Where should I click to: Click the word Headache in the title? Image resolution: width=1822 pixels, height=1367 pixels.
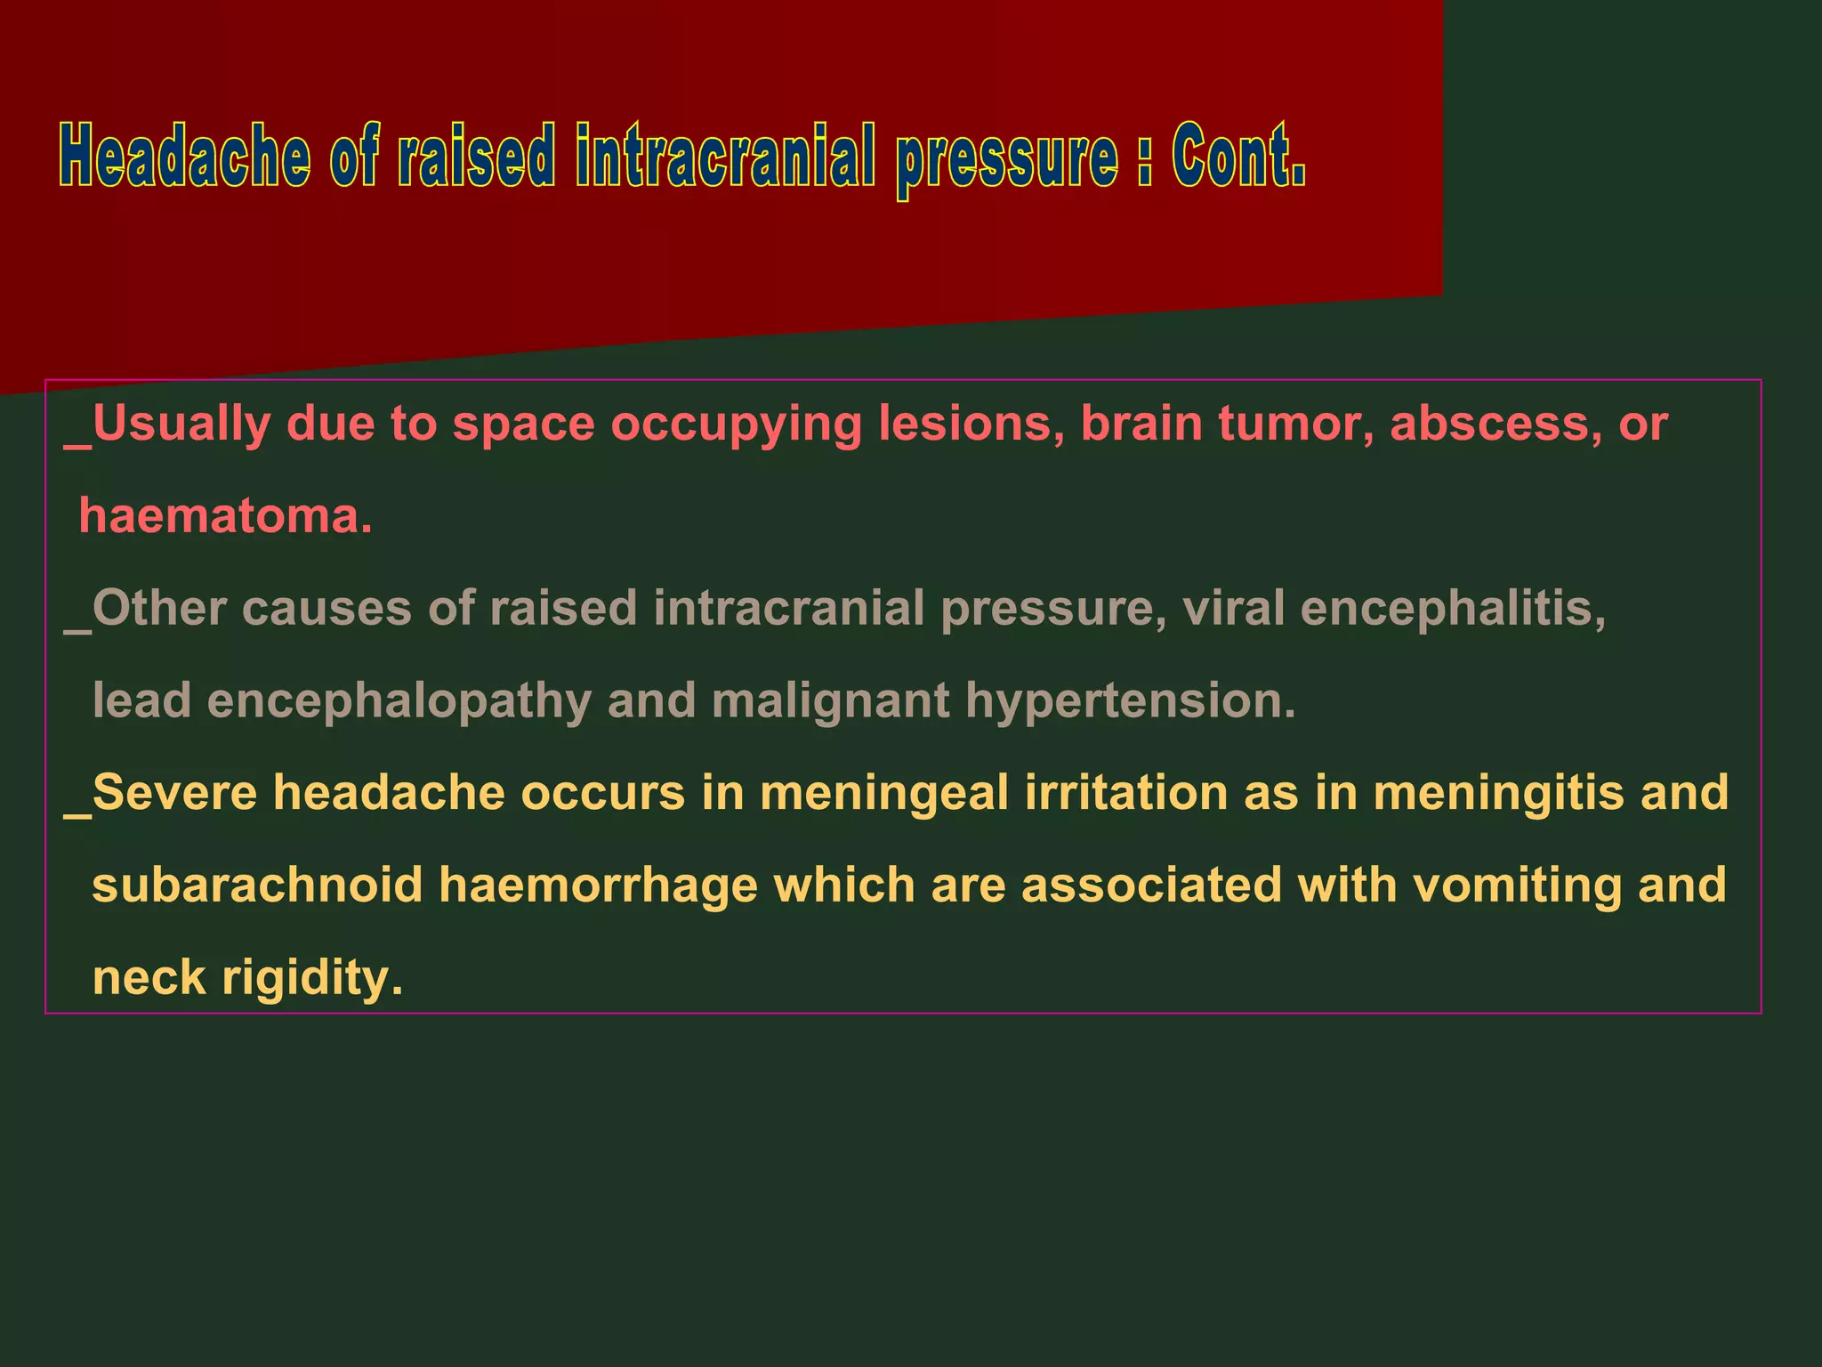[185, 157]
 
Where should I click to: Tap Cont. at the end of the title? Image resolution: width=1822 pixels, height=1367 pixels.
[1238, 157]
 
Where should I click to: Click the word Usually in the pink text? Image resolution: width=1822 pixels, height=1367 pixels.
[181, 425]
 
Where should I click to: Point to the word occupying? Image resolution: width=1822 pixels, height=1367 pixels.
[736, 425]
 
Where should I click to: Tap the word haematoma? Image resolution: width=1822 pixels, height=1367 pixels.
[225, 515]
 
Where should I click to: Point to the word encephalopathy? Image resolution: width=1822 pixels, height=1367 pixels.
[399, 701]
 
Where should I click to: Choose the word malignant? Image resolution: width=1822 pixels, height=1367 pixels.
[830, 701]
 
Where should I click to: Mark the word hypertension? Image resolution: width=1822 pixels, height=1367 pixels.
[1131, 701]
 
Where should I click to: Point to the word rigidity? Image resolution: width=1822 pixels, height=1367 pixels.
[312, 978]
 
